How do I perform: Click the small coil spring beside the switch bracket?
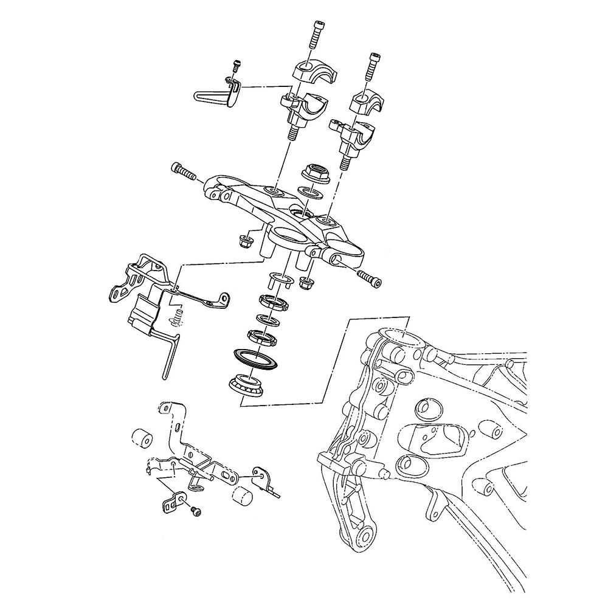(x=178, y=317)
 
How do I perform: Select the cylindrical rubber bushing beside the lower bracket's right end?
(x=244, y=496)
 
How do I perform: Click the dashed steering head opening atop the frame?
(x=399, y=336)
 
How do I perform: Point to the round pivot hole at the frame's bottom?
(x=367, y=537)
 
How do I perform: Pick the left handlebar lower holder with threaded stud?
(x=299, y=112)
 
